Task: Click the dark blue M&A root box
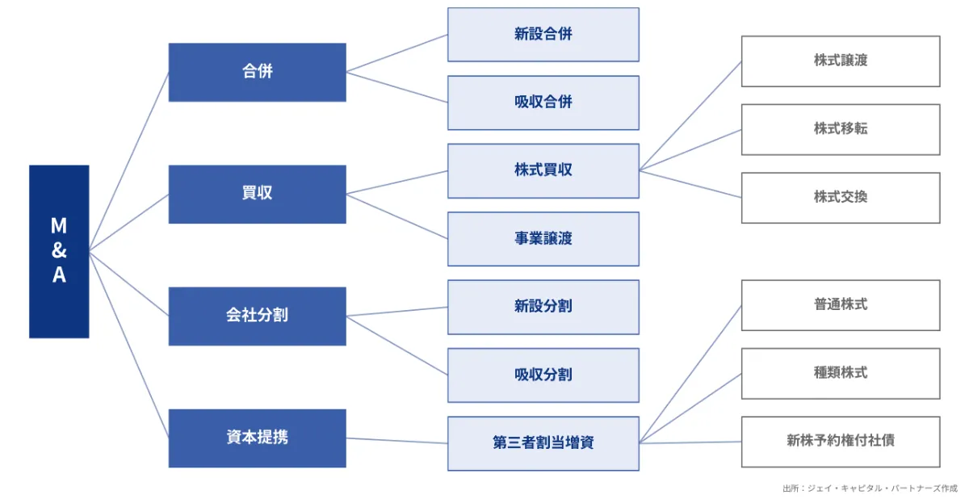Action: tap(59, 251)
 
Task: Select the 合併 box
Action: tap(258, 72)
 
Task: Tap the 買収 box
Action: tap(258, 195)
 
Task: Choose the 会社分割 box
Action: tap(258, 316)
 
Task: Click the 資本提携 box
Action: tap(258, 438)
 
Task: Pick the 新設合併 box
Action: tap(543, 35)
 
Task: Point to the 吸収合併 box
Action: tap(543, 103)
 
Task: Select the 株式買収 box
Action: tap(543, 171)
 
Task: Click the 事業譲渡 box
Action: tap(543, 239)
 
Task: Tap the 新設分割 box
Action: tap(543, 307)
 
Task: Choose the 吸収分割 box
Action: tap(543, 375)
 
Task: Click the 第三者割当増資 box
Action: tap(543, 443)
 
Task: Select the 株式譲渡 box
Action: tap(841, 61)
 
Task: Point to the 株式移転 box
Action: tap(841, 129)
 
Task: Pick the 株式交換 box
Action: tap(841, 198)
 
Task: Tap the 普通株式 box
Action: tap(841, 305)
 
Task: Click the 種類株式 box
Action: tap(841, 374)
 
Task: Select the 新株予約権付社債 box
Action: tap(841, 442)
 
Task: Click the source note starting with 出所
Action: tap(870, 488)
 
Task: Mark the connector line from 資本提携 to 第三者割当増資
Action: tap(396, 441)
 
